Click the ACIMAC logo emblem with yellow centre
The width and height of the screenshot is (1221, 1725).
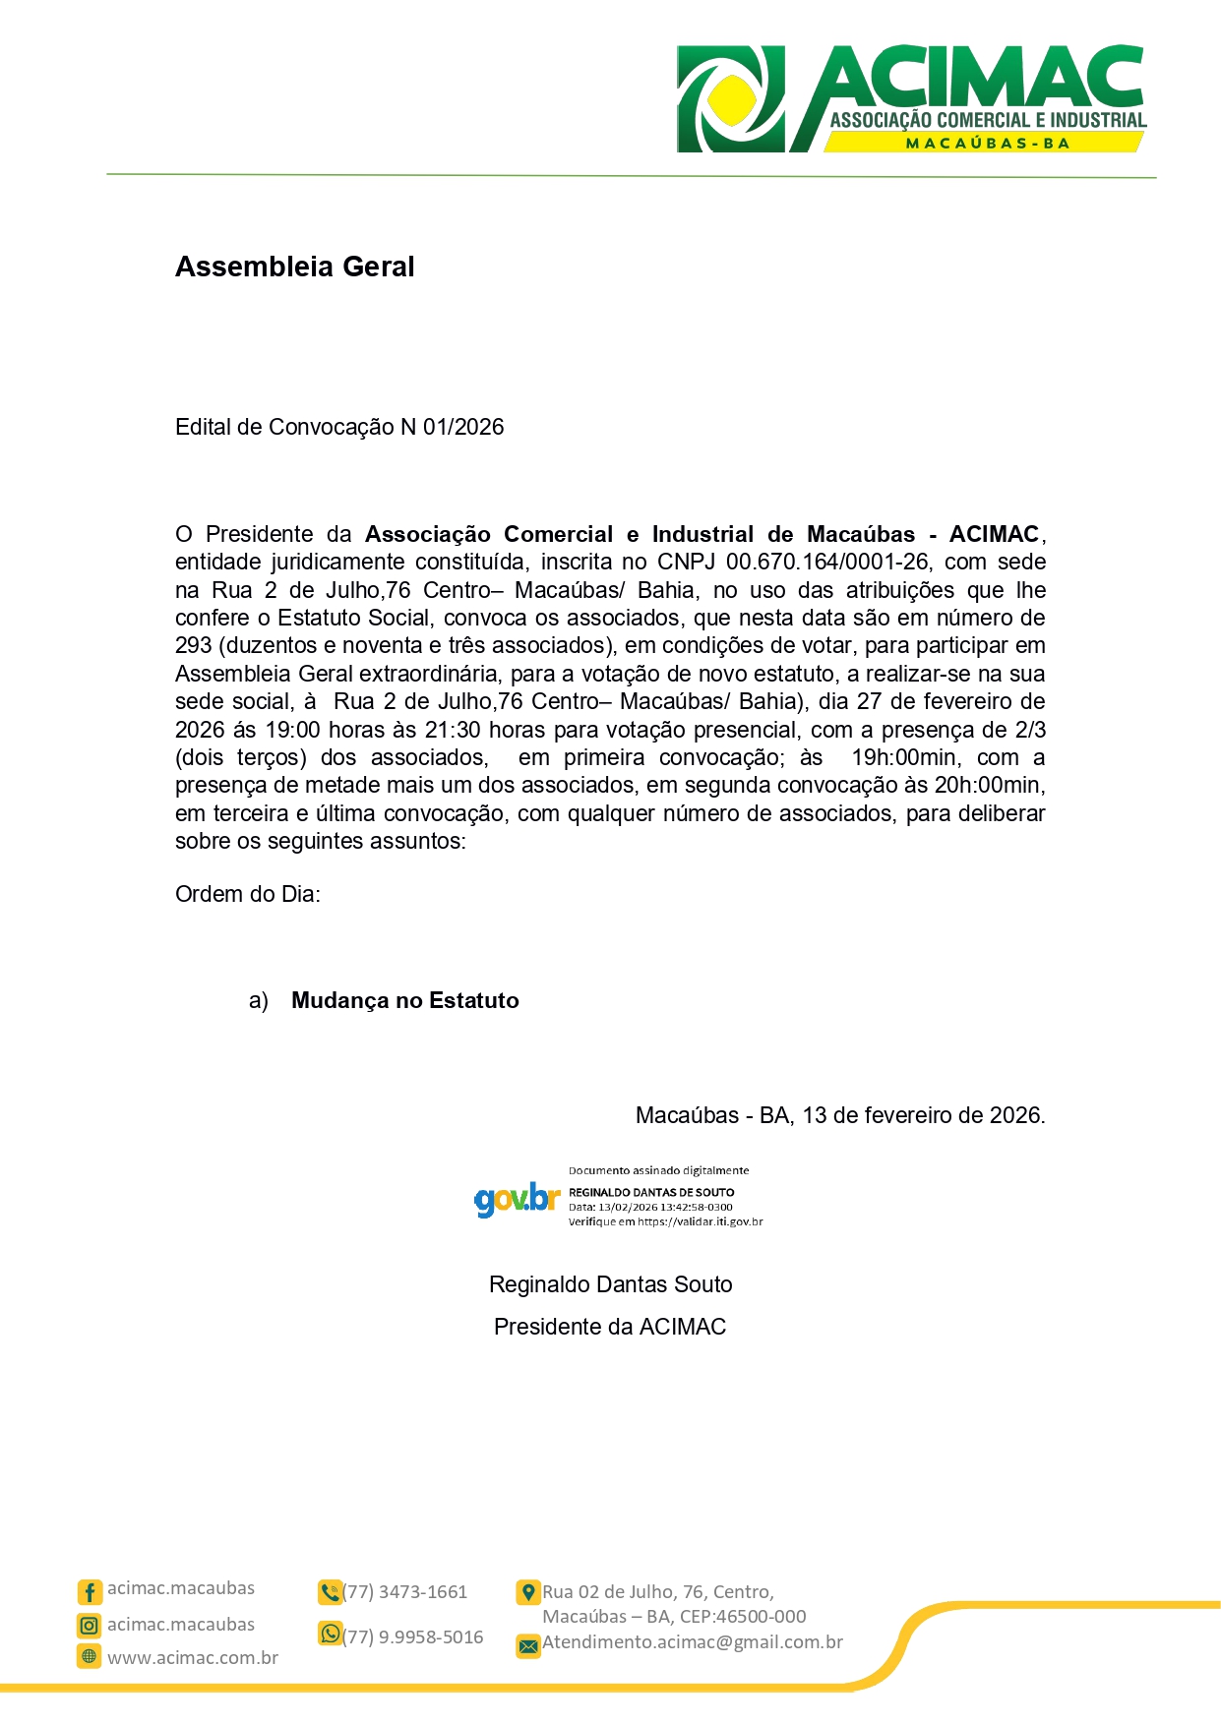click(x=731, y=99)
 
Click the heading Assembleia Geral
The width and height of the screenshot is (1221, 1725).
click(x=294, y=267)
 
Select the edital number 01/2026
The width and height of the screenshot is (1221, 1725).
click(x=463, y=427)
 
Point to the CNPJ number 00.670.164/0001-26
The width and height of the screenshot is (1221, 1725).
click(x=826, y=562)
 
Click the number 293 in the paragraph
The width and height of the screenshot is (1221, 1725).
click(x=194, y=645)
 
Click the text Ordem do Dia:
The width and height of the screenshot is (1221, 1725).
click(x=248, y=894)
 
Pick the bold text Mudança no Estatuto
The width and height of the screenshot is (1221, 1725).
click(x=405, y=1000)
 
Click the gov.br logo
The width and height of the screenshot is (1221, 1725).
click(x=517, y=1199)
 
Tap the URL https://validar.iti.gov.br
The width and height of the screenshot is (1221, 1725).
click(x=701, y=1221)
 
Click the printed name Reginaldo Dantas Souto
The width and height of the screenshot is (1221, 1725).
click(x=610, y=1284)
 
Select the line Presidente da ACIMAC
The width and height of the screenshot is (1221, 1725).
click(x=610, y=1327)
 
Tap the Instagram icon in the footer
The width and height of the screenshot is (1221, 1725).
click(x=90, y=1626)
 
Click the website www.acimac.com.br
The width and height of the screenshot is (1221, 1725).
click(x=193, y=1658)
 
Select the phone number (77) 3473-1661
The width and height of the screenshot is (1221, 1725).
click(x=405, y=1592)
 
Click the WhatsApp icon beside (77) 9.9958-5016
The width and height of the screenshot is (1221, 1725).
click(x=330, y=1634)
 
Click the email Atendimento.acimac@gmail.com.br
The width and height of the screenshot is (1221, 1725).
click(x=693, y=1642)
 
